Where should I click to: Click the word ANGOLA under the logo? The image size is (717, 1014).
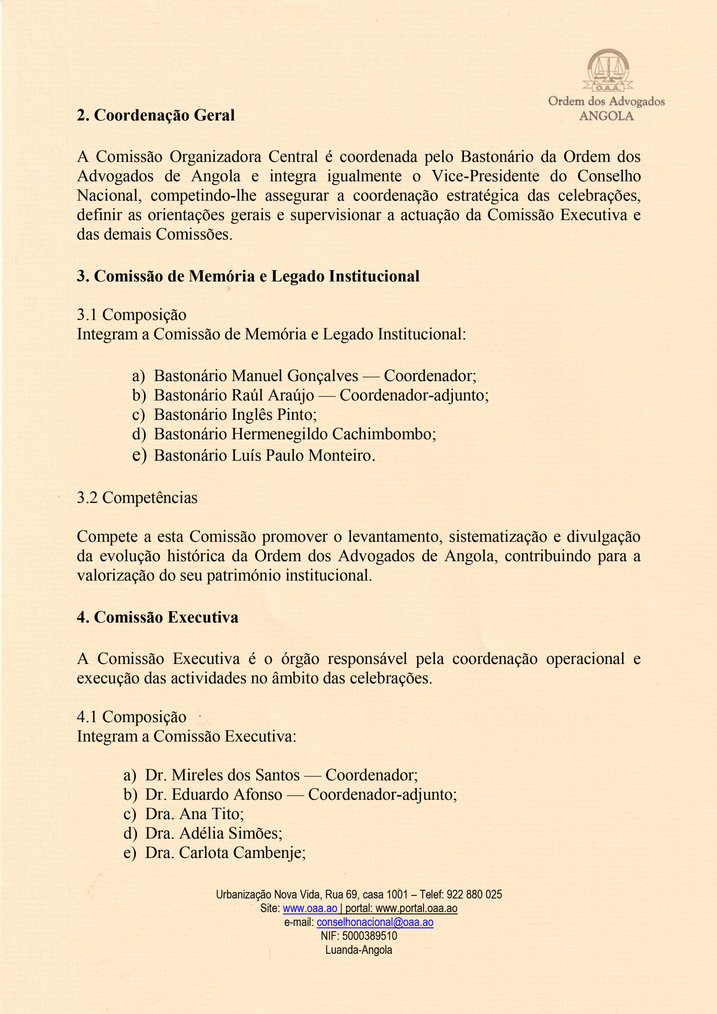pos(606,116)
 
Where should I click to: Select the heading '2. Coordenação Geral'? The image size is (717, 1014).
pos(156,115)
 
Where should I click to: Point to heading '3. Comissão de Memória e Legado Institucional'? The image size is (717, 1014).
pos(248,276)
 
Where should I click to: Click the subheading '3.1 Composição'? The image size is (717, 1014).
pos(131,315)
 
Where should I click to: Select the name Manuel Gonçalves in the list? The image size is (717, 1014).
pos(295,376)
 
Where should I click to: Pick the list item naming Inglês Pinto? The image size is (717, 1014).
pos(235,415)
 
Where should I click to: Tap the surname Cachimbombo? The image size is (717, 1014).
pos(383,434)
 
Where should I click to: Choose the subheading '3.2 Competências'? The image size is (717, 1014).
pos(137,498)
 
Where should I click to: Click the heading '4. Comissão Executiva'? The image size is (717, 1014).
pos(157,618)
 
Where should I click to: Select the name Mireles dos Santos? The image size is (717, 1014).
pos(235,775)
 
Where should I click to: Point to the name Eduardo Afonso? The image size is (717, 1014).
pos(227,795)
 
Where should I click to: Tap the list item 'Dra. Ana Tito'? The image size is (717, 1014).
pos(195,814)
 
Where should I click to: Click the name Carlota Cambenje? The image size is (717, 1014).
pos(241,853)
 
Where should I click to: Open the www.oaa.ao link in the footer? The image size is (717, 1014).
pos(310,909)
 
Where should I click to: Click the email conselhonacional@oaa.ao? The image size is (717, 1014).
pos(375,922)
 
